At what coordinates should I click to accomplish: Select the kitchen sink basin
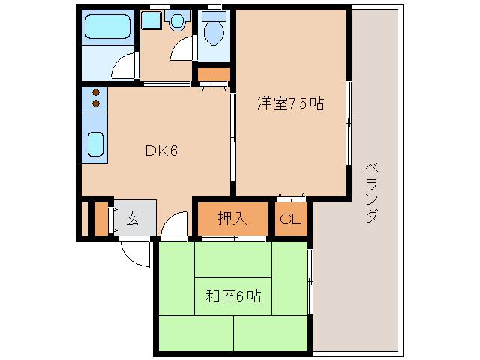[94, 144]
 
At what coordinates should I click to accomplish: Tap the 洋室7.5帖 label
[291, 104]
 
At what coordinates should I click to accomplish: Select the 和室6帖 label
[233, 295]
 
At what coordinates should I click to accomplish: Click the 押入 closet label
[232, 219]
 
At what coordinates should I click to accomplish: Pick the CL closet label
[290, 220]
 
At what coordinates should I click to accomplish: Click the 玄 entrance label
[132, 219]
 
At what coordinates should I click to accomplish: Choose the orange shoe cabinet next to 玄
[102, 218]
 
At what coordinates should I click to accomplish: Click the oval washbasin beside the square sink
[177, 22]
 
